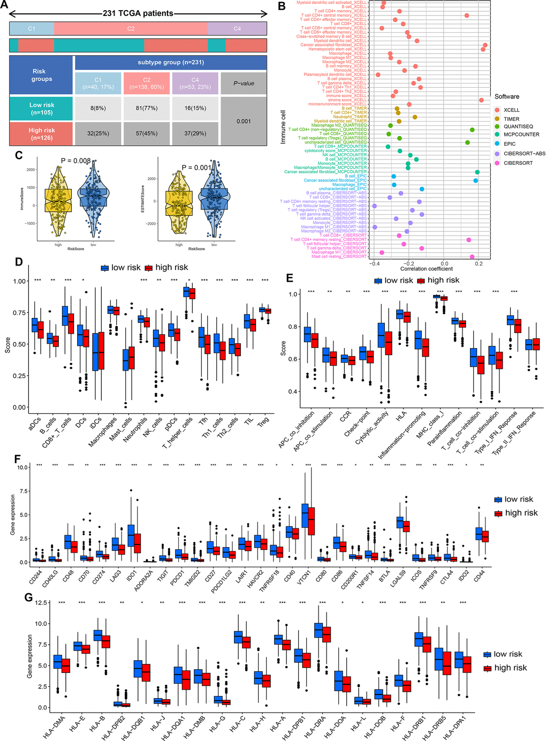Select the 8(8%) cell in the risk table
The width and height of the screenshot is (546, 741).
point(98,108)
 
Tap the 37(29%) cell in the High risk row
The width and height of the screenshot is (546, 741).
point(195,133)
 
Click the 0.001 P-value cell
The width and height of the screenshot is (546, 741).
point(244,121)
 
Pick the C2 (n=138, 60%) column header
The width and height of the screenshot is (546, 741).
point(147,84)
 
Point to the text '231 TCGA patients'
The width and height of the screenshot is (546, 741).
point(138,13)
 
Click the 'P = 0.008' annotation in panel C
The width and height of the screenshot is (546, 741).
point(75,161)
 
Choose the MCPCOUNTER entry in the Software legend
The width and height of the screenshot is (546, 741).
point(521,134)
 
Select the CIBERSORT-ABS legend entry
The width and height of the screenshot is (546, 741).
point(524,154)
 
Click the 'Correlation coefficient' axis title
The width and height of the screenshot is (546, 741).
point(426,269)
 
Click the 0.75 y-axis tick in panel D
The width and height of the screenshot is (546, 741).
point(20,313)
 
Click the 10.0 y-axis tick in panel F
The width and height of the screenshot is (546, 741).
point(22,467)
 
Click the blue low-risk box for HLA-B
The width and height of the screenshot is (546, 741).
point(98,635)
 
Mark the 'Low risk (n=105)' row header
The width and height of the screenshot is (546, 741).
point(41,109)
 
